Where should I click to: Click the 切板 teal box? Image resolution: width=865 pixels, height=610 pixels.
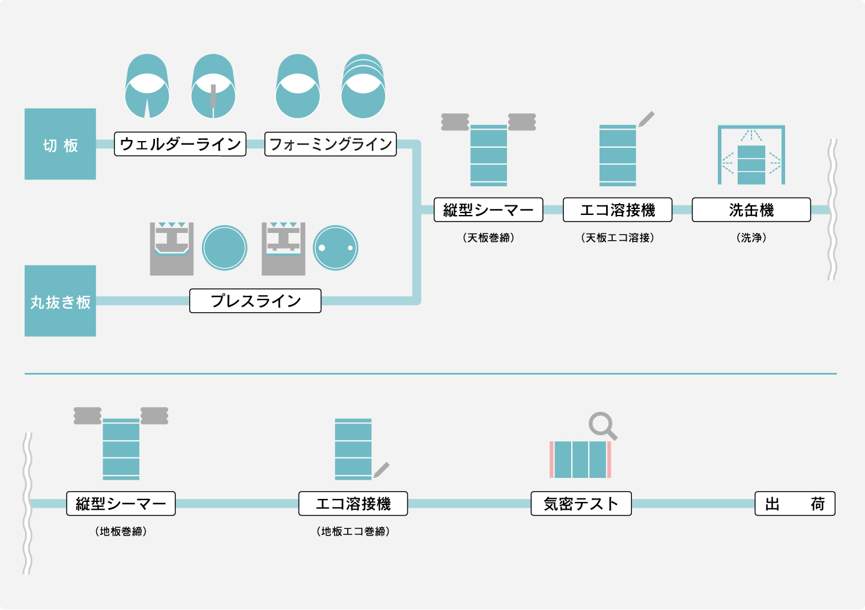[60, 144]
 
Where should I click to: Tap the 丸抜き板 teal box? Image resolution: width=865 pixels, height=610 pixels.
[60, 301]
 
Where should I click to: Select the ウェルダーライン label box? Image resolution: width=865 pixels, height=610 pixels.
[180, 144]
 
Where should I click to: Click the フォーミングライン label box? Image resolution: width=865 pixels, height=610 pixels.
[330, 144]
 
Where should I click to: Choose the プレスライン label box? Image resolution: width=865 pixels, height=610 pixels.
[255, 301]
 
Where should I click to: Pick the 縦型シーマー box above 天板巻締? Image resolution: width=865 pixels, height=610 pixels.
[488, 210]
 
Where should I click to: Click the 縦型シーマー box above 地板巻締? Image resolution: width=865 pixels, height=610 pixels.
[121, 504]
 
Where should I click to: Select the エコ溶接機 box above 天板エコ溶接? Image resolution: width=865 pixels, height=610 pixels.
[618, 210]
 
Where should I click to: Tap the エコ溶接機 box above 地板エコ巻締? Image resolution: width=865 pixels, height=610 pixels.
[353, 504]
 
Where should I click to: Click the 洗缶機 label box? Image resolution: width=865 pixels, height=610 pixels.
[751, 210]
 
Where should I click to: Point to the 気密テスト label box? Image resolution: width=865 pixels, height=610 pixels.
[581, 504]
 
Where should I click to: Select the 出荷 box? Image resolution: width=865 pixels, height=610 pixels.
[795, 504]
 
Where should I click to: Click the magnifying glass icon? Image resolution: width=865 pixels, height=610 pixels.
[602, 426]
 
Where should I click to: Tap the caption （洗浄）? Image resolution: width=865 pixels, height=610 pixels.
[751, 238]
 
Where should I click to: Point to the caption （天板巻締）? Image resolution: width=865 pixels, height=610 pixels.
[488, 238]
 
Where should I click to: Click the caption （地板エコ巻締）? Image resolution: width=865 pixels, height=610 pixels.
[353, 531]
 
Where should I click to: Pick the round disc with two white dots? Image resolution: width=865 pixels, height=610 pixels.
[336, 248]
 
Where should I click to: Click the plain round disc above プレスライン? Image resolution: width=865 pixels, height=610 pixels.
[225, 248]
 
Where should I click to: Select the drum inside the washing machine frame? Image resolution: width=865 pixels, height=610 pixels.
[751, 165]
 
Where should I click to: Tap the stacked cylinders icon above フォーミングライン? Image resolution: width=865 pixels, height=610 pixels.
[363, 86]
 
